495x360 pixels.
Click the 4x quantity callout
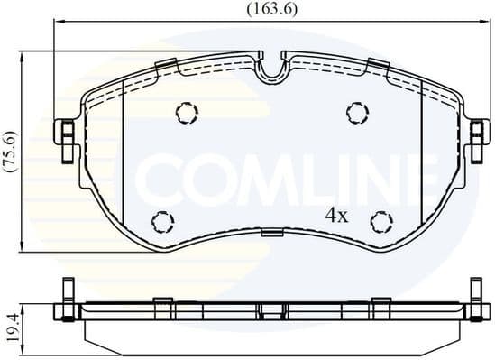(336, 216)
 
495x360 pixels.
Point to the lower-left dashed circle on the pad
(162, 221)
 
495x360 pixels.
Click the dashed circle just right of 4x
(382, 221)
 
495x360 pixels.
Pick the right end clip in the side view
(477, 302)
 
